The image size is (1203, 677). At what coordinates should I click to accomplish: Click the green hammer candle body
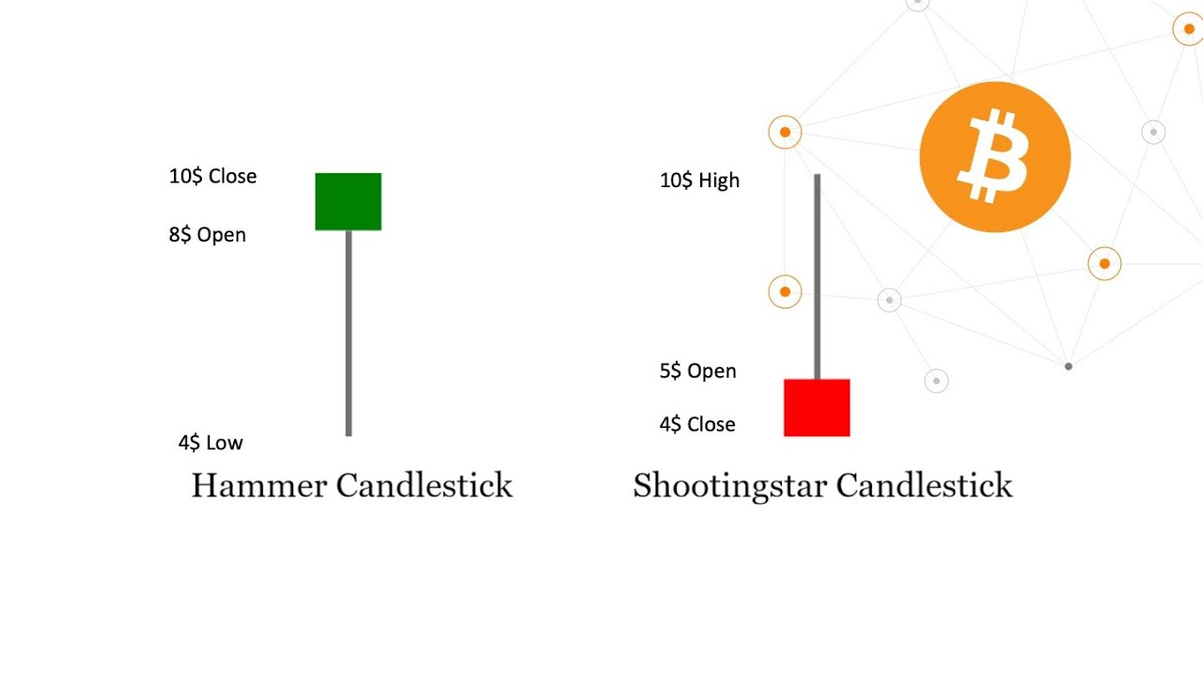click(348, 201)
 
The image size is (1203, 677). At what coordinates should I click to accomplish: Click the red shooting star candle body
click(817, 408)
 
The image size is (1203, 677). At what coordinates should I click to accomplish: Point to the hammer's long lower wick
click(349, 334)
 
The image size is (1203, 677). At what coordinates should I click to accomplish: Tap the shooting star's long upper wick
click(817, 276)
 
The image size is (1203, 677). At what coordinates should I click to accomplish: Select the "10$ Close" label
click(212, 176)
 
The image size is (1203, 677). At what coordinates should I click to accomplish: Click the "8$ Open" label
click(208, 235)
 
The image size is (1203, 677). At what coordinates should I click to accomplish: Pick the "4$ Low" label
click(211, 442)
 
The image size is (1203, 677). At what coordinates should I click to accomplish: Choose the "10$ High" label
click(699, 181)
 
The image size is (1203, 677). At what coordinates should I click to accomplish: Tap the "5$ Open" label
click(697, 370)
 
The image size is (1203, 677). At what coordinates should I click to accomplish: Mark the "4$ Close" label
click(697, 424)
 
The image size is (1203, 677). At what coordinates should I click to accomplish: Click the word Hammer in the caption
click(259, 486)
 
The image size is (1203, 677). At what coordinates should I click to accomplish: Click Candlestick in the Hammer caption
click(424, 486)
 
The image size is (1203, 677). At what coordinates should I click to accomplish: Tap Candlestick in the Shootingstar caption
click(924, 486)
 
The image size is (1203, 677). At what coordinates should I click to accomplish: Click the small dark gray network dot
click(1068, 366)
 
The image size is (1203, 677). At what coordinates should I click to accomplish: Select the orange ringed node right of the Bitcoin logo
click(1104, 264)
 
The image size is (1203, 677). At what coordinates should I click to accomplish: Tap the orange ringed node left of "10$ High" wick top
click(785, 133)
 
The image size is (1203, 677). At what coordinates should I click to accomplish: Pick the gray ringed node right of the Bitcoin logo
click(1153, 133)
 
